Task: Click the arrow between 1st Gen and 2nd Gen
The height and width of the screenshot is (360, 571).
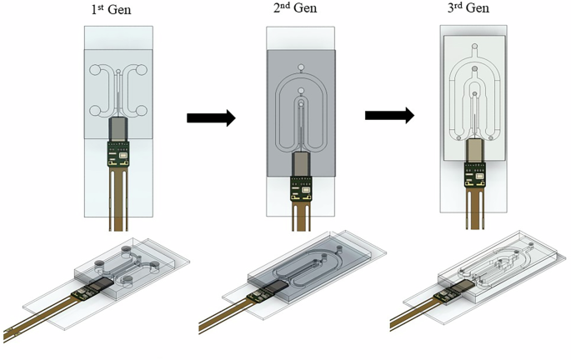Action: [211, 118]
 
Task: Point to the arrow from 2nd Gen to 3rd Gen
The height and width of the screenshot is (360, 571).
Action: [389, 115]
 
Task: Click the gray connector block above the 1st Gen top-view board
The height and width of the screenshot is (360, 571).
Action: [118, 129]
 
